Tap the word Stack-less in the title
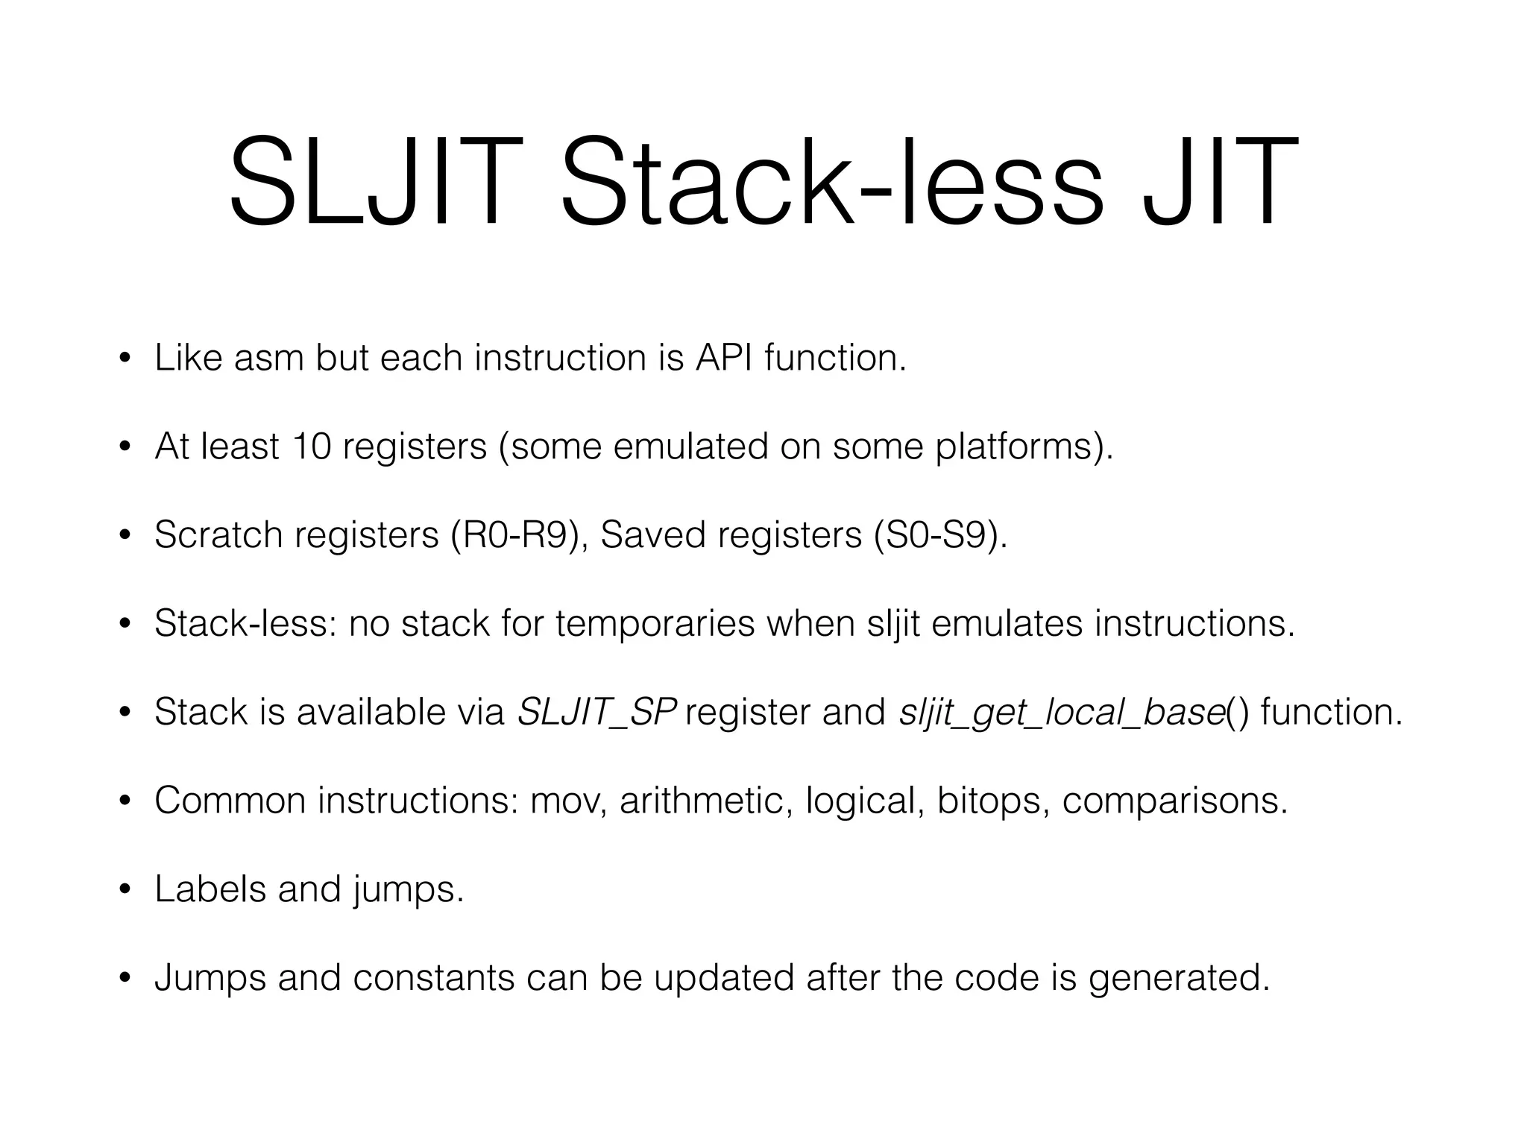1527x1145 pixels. click(831, 183)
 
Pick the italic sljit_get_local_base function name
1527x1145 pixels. click(1062, 712)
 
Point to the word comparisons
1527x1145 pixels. click(1174, 801)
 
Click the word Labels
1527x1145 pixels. click(210, 889)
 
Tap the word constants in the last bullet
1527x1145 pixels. click(432, 977)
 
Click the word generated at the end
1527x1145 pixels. click(1178, 977)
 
